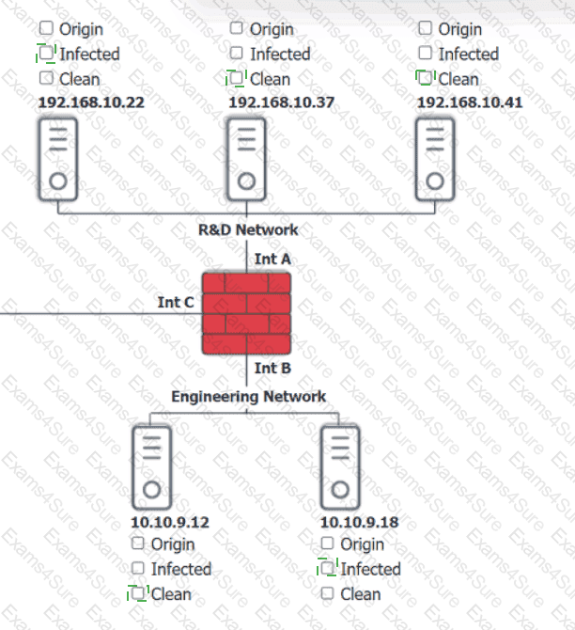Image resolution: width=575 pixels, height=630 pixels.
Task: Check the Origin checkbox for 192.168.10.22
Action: (x=46, y=29)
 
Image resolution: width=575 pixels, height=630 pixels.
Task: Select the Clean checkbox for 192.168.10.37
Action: (x=237, y=79)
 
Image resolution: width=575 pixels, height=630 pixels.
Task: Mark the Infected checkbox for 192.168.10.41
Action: (x=426, y=54)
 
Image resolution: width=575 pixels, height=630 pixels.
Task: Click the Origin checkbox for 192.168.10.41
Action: (x=426, y=29)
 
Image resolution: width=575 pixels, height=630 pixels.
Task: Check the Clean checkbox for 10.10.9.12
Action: (x=138, y=593)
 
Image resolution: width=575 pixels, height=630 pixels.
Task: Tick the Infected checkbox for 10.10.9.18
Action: (x=328, y=568)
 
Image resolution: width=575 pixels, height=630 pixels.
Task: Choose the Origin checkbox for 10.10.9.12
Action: (x=138, y=543)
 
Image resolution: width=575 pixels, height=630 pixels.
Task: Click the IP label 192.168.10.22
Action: (x=91, y=102)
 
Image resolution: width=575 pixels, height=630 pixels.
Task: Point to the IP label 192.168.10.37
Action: (x=281, y=102)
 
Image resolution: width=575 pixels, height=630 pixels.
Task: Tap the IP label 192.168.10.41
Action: (x=470, y=102)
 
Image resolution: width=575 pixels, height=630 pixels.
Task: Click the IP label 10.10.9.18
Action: (x=359, y=522)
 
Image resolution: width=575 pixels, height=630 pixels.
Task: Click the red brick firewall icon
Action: (x=247, y=312)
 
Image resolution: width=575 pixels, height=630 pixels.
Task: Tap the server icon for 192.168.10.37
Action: (x=246, y=159)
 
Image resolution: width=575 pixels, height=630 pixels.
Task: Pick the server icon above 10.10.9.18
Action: (x=340, y=466)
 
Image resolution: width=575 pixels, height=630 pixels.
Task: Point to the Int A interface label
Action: (x=272, y=258)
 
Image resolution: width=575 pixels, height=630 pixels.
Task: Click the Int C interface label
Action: (x=176, y=302)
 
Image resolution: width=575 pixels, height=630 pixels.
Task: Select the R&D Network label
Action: (x=248, y=229)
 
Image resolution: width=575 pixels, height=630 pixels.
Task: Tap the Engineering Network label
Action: (x=248, y=396)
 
